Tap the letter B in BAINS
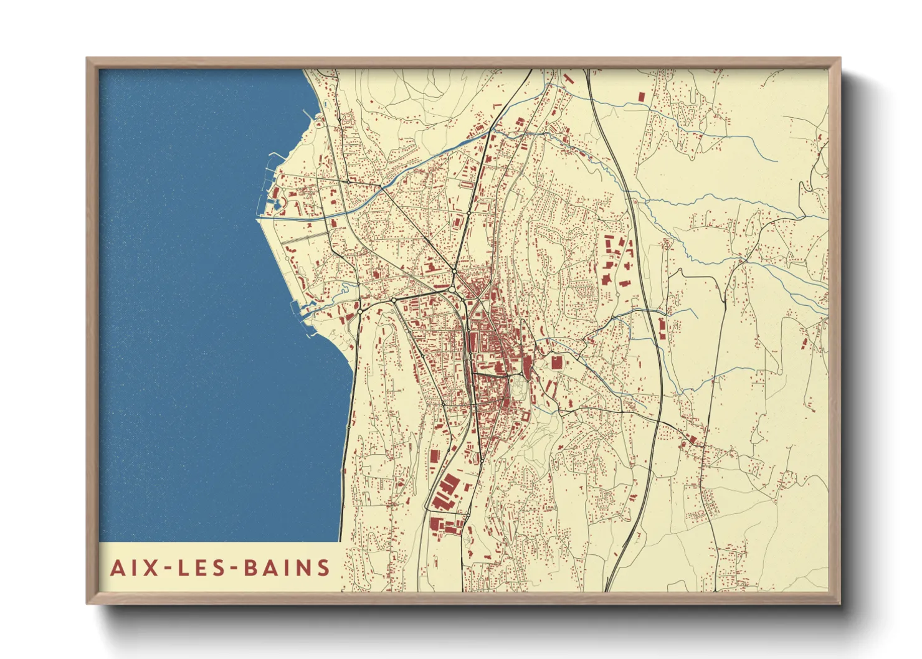[251, 568]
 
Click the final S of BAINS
[323, 568]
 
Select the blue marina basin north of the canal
[274, 193]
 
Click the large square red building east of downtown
[556, 363]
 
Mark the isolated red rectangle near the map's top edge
[642, 97]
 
